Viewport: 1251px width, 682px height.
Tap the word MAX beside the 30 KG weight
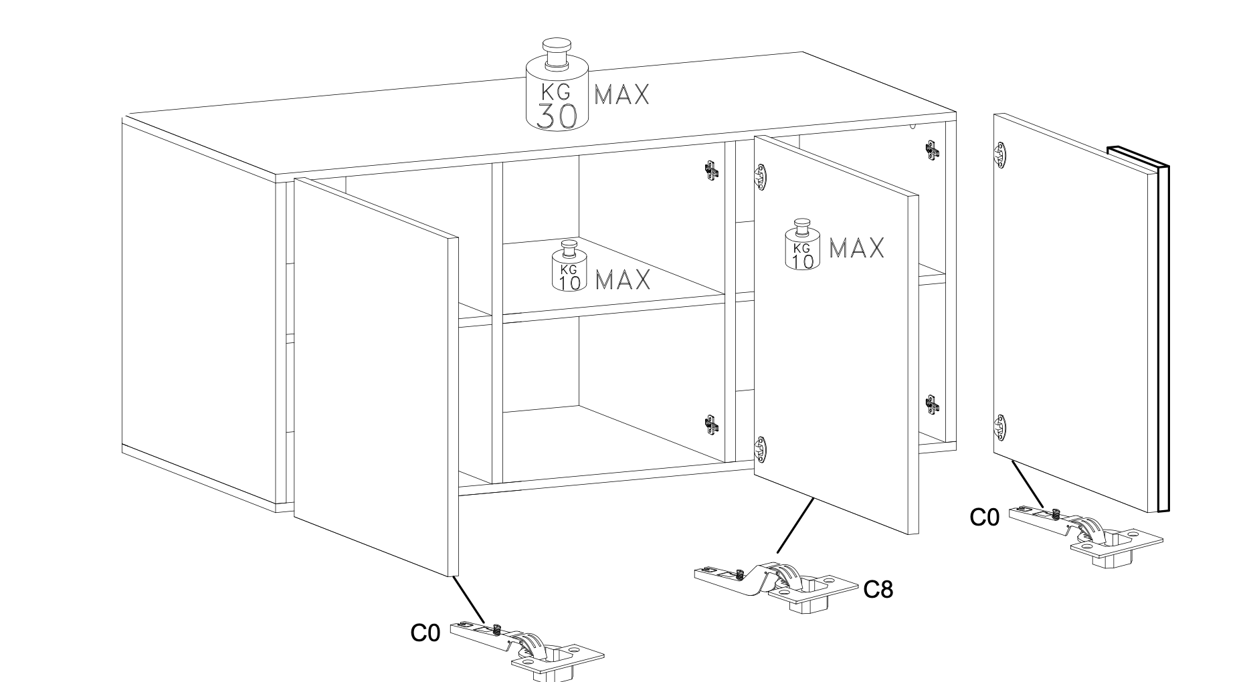click(x=622, y=94)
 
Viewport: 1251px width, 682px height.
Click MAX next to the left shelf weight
click(x=623, y=279)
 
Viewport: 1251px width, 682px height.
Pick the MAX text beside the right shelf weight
click(x=857, y=248)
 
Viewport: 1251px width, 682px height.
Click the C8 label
click(x=878, y=589)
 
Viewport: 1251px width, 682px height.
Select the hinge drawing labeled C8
click(x=776, y=586)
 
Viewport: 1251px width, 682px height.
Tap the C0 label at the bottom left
click(x=425, y=633)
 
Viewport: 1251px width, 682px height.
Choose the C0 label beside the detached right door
click(x=985, y=517)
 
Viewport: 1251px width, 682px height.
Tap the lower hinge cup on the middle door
click(x=760, y=449)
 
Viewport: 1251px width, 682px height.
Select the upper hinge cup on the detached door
click(x=1000, y=155)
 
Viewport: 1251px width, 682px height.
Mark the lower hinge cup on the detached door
click(x=1000, y=427)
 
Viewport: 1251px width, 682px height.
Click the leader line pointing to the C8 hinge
click(x=795, y=526)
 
